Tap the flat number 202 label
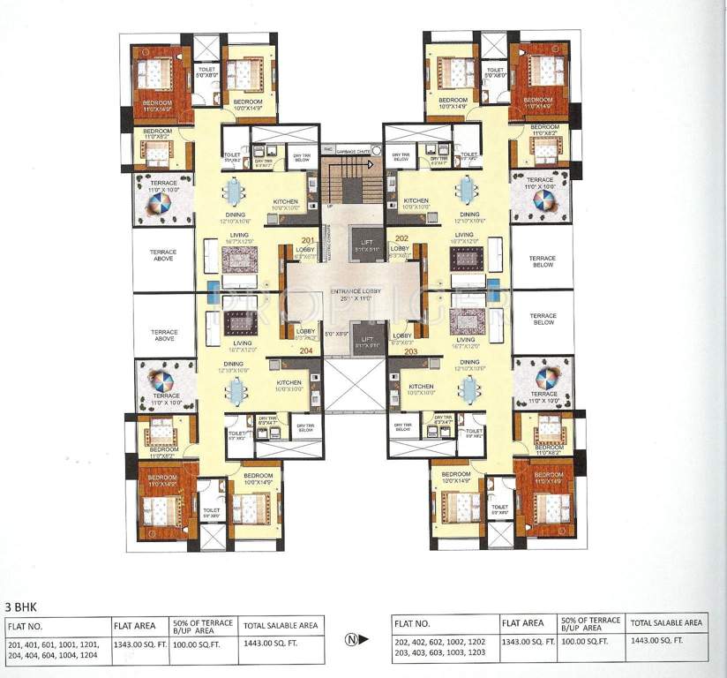click(x=401, y=238)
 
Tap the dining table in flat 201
click(x=234, y=192)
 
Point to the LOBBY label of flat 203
click(x=402, y=336)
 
